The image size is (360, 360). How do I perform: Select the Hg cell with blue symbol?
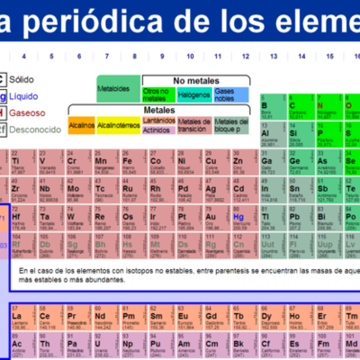[238, 221]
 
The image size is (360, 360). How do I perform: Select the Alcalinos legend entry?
[81, 126]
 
